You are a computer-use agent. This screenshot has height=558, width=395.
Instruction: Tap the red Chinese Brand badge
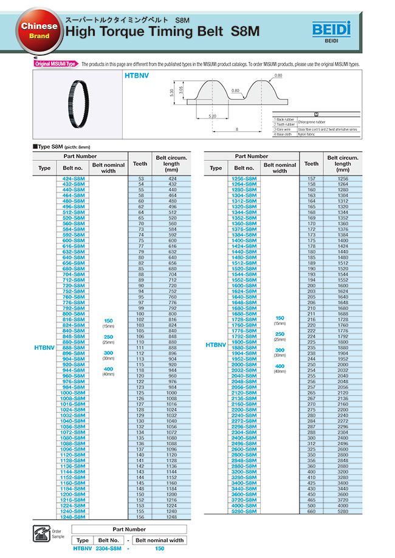click(x=39, y=31)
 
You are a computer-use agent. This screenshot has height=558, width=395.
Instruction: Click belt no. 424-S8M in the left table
click(x=74, y=179)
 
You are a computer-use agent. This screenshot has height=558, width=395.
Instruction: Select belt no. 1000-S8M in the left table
click(x=74, y=392)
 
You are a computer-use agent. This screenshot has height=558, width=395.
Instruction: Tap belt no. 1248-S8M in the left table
click(x=74, y=517)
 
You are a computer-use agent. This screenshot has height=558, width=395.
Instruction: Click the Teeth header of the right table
click(x=311, y=163)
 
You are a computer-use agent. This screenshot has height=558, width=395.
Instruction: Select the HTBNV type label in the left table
click(x=44, y=348)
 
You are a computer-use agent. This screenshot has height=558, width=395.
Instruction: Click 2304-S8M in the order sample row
click(x=109, y=548)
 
